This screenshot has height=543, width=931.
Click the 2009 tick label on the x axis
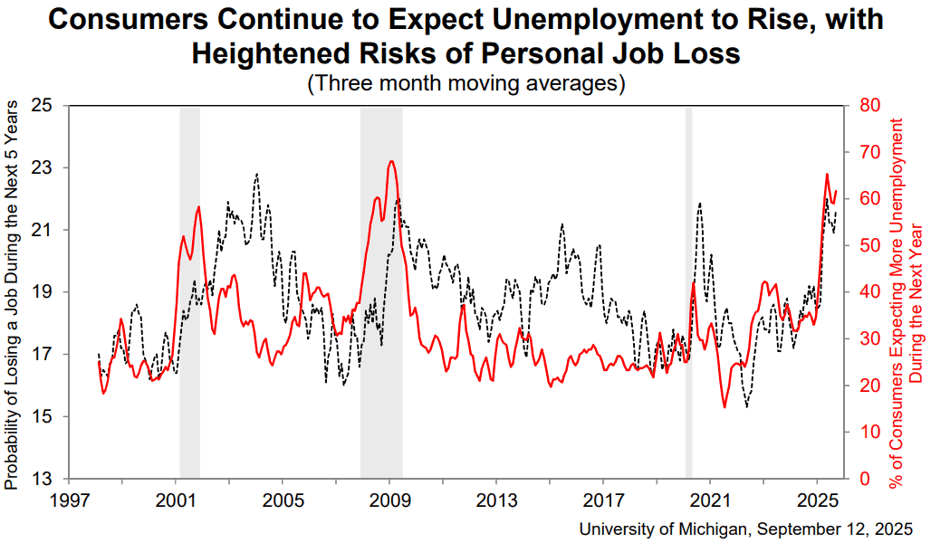(x=389, y=500)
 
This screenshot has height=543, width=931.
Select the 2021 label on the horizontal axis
(x=710, y=500)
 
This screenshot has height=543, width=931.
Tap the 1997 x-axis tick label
(x=70, y=500)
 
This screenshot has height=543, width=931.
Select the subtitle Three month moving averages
(x=466, y=82)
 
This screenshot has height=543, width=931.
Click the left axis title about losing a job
(x=11, y=295)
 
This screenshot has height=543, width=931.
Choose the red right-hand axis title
(x=906, y=303)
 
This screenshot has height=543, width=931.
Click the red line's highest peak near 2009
(x=390, y=161)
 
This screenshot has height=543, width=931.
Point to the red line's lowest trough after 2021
(x=725, y=407)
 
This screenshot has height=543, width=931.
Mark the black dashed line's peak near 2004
(x=256, y=174)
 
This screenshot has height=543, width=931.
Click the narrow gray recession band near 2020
(x=689, y=292)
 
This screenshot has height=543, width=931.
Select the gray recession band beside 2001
(x=190, y=292)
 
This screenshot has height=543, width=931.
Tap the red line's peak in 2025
(x=827, y=175)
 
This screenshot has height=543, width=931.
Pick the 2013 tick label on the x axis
(x=496, y=500)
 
